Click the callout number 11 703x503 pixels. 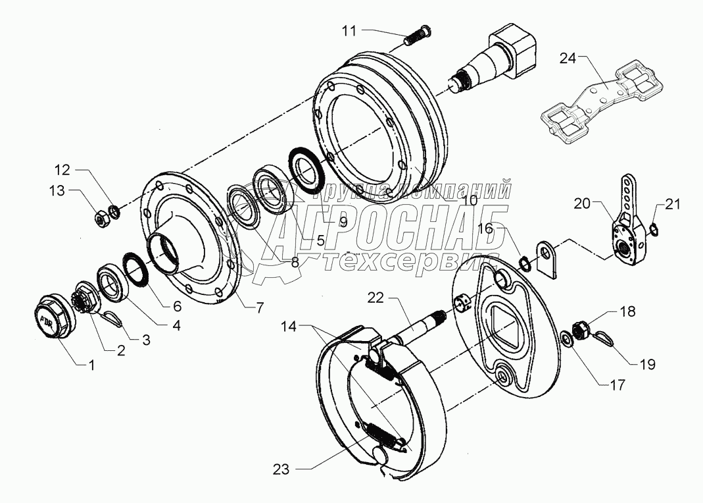pyautogui.click(x=349, y=30)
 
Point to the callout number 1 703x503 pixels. pyautogui.click(x=92, y=363)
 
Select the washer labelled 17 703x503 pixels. pyautogui.click(x=565, y=340)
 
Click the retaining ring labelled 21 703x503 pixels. pyautogui.click(x=654, y=228)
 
